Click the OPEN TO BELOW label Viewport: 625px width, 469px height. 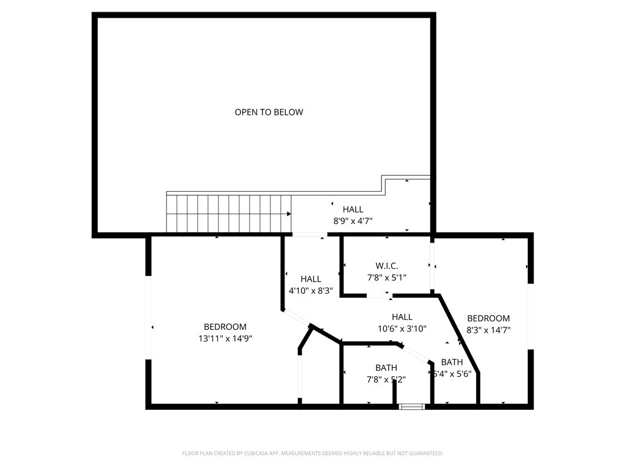(x=269, y=112)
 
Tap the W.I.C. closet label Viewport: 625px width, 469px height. (x=386, y=266)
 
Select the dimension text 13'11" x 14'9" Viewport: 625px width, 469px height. (x=225, y=338)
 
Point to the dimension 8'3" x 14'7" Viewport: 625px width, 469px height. (x=488, y=330)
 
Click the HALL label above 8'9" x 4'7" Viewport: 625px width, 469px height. (x=353, y=209)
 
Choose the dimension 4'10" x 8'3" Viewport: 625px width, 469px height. (x=311, y=291)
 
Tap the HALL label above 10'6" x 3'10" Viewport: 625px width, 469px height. (x=402, y=317)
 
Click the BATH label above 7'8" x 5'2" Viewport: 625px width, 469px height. (x=386, y=368)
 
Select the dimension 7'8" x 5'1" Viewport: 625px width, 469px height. (x=386, y=277)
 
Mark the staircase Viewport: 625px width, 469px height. (x=229, y=214)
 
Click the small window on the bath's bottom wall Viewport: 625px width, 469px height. (x=411, y=405)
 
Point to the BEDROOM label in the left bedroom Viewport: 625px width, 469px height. (x=225, y=327)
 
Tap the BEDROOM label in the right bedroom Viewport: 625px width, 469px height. (x=488, y=318)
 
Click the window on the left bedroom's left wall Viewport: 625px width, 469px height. (x=148, y=318)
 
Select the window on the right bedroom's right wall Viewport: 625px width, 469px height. (x=530, y=316)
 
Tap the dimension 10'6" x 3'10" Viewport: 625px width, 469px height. (x=402, y=329)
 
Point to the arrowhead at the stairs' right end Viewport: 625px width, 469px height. (x=289, y=214)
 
